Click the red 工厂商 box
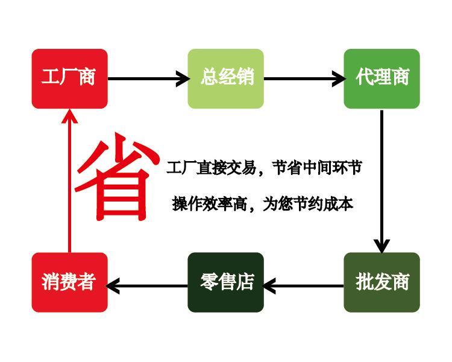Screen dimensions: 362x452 [x=69, y=78]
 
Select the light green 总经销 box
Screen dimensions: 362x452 [x=225, y=78]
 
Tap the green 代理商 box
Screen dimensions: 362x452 [x=381, y=78]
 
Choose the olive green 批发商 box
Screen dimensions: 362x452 [x=381, y=282]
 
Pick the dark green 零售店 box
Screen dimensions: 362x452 [x=225, y=282]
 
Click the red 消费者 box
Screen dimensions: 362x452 [x=69, y=282]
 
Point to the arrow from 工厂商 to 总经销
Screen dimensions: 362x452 [x=148, y=78]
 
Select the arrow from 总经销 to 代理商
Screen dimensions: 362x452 [x=304, y=78]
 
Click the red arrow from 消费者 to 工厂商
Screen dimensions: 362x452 [x=69, y=181]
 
